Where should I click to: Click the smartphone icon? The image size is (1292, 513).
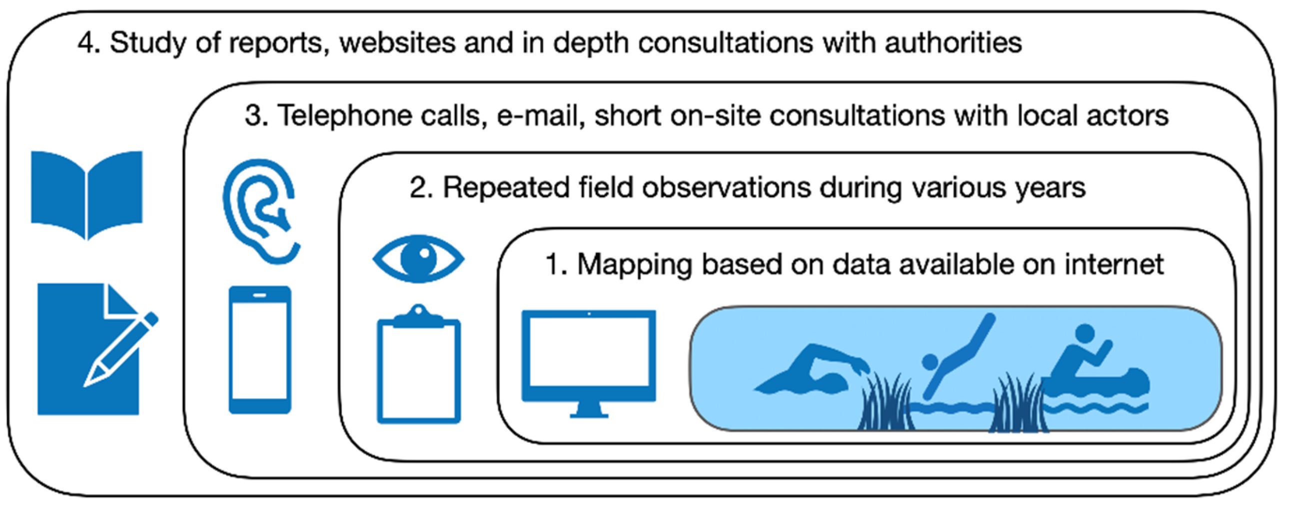coord(260,350)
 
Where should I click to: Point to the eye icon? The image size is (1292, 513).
coord(418,259)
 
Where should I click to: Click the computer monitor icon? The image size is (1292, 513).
coord(588,356)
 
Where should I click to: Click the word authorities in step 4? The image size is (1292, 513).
coord(953,42)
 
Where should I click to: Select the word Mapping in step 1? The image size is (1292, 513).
coord(634,265)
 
